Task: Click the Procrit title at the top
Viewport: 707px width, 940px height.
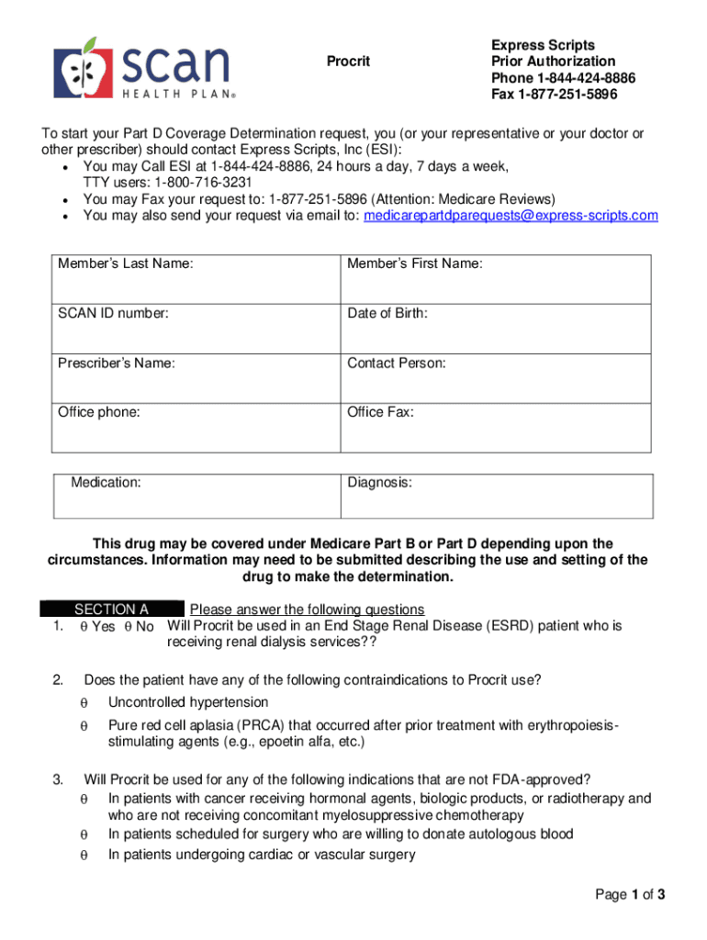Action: pyautogui.click(x=349, y=62)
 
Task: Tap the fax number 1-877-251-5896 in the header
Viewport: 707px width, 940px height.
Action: pyautogui.click(x=567, y=95)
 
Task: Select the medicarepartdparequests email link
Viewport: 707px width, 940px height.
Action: pyautogui.click(x=511, y=216)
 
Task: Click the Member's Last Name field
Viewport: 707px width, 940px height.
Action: pyautogui.click(x=196, y=277)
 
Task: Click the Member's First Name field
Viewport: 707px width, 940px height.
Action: pyautogui.click(x=496, y=277)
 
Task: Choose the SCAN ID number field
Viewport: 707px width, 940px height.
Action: pyautogui.click(x=196, y=327)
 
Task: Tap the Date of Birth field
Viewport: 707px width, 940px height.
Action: pyautogui.click(x=496, y=327)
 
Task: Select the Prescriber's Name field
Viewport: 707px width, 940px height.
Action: pyautogui.click(x=196, y=376)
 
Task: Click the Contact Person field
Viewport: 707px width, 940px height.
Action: pyautogui.click(x=496, y=376)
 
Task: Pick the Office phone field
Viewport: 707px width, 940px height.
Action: pyautogui.click(x=196, y=426)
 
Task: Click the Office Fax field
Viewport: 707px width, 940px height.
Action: pyautogui.click(x=496, y=426)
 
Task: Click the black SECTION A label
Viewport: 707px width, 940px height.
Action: pyautogui.click(x=111, y=610)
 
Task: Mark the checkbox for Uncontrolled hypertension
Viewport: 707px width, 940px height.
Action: pyautogui.click(x=83, y=703)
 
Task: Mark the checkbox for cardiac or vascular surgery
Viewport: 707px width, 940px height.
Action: pyautogui.click(x=83, y=856)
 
